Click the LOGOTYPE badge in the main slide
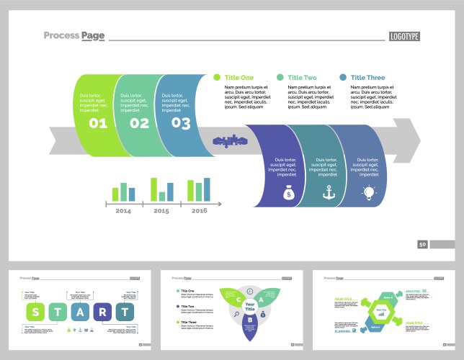click(404, 37)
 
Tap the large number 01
click(98, 123)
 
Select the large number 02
click(139, 123)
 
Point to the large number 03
click(181, 123)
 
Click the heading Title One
click(239, 78)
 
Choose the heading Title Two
click(302, 78)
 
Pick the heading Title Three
click(367, 78)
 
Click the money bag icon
click(288, 192)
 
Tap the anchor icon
click(329, 192)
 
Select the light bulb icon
click(369, 192)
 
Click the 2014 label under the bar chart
click(123, 211)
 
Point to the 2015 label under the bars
click(161, 211)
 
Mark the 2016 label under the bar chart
click(200, 211)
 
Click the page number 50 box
click(423, 245)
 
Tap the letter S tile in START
click(35, 312)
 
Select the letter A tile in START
click(81, 312)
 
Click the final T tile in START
click(125, 312)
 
